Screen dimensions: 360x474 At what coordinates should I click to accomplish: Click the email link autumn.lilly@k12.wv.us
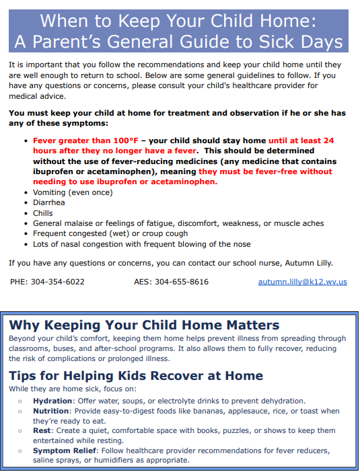[x=302, y=282]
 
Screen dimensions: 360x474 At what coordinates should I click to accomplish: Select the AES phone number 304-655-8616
[x=182, y=282]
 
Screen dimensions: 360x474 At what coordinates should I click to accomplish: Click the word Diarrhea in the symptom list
[x=50, y=202]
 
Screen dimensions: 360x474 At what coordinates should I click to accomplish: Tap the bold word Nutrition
[x=52, y=411]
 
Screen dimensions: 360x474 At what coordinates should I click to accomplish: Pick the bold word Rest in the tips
[x=42, y=430]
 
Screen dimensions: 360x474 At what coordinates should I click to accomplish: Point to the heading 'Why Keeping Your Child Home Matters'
[x=144, y=325]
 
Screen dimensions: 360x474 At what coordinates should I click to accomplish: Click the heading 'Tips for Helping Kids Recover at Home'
[x=136, y=376]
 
